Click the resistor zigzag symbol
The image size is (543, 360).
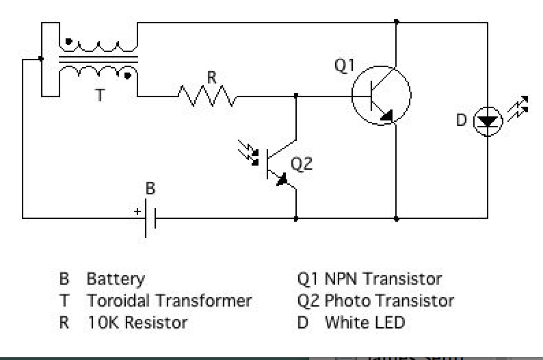[x=207, y=96]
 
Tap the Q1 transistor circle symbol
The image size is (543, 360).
[x=381, y=96]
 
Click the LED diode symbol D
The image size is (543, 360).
[x=488, y=121]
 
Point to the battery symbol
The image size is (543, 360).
[x=150, y=219]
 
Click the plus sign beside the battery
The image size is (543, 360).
[x=137, y=211]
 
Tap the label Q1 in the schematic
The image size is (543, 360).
[x=345, y=66]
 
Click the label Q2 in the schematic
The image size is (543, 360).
[x=302, y=164]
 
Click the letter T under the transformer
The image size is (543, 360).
[x=100, y=96]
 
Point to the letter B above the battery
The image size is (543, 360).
[x=150, y=189]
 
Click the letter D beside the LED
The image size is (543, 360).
[x=461, y=120]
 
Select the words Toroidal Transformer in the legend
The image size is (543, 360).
[x=169, y=300]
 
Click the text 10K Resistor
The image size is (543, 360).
[x=137, y=322]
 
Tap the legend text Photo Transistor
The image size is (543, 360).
[x=389, y=300]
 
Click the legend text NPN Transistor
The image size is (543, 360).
[x=383, y=279]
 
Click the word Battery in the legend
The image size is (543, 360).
[x=116, y=279]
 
